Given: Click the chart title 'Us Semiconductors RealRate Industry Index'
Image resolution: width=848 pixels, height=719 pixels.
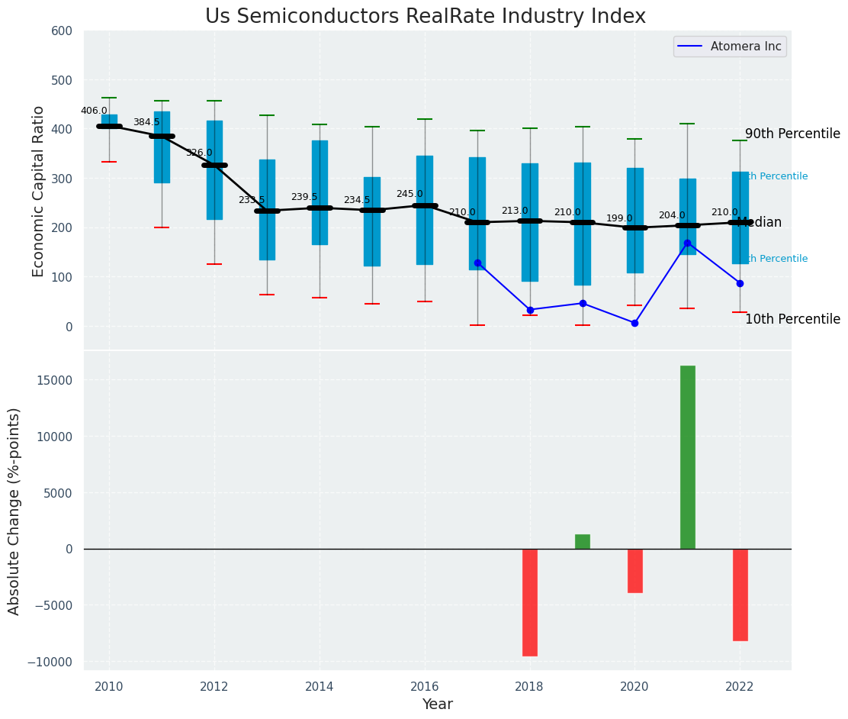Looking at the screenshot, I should pyautogui.click(x=425, y=17).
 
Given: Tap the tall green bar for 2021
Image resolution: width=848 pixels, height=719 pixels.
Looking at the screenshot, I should pyautogui.click(x=687, y=456).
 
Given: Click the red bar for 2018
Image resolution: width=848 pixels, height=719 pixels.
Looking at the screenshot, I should pyautogui.click(x=530, y=601).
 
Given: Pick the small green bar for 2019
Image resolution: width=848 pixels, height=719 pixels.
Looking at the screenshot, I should pyautogui.click(x=583, y=541).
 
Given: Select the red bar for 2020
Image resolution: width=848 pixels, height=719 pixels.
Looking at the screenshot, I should pyautogui.click(x=635, y=570).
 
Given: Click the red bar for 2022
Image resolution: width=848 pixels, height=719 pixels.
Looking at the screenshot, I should pyautogui.click(x=740, y=594).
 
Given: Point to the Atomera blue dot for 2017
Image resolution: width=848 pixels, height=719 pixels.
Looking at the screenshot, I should pyautogui.click(x=477, y=263).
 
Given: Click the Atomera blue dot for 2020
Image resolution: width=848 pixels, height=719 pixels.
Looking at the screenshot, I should pyautogui.click(x=634, y=323).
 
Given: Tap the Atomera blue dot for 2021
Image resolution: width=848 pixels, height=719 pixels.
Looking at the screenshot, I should pyautogui.click(x=687, y=243).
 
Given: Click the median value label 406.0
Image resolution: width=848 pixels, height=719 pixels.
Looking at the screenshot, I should pyautogui.click(x=95, y=111).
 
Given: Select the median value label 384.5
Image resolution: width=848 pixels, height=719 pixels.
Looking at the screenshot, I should pyautogui.click(x=146, y=122).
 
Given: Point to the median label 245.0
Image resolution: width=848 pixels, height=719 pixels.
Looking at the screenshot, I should pyautogui.click(x=410, y=194).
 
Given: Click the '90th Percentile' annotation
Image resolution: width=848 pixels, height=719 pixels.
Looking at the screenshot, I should pyautogui.click(x=792, y=134).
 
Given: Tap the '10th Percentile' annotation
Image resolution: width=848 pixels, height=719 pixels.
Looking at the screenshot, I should pyautogui.click(x=792, y=319).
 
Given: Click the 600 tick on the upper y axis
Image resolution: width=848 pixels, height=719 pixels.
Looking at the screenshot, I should pyautogui.click(x=63, y=31).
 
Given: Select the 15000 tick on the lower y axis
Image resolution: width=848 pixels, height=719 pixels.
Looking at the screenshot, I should pyautogui.click(x=53, y=381).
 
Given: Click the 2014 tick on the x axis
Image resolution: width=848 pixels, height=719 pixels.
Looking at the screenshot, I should pyautogui.click(x=320, y=687).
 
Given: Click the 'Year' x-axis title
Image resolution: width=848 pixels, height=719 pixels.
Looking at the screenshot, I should pyautogui.click(x=438, y=704).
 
